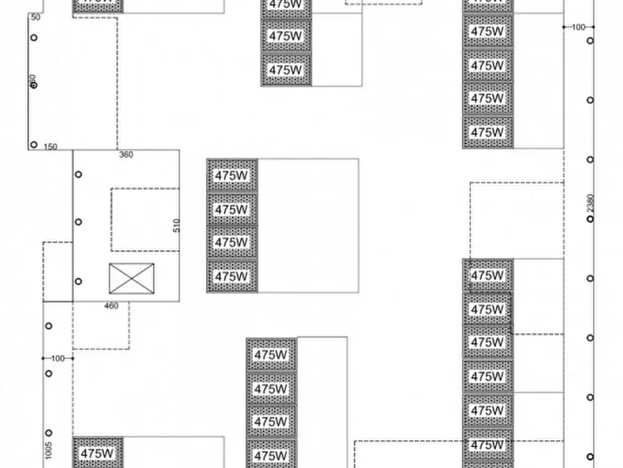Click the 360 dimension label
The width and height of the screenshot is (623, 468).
click(x=126, y=155)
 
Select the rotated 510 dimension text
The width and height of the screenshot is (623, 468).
click(x=177, y=226)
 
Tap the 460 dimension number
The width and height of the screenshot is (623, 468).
click(x=111, y=306)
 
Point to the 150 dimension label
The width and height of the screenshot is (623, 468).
click(x=50, y=147)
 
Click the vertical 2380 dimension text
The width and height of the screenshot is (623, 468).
click(x=590, y=204)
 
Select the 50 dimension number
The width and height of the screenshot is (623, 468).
click(x=36, y=17)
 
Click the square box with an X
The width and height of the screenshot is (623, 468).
click(x=131, y=279)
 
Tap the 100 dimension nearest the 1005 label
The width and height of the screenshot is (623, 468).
click(x=57, y=359)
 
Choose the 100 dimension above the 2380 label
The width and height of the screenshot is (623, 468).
click(x=578, y=27)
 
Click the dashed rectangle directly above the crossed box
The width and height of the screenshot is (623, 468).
click(x=145, y=219)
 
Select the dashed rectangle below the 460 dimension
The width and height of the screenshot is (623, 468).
click(x=100, y=326)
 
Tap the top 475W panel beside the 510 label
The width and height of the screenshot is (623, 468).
click(x=232, y=175)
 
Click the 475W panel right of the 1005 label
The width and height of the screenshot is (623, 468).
click(x=98, y=453)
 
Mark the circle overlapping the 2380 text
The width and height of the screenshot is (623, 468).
click(x=590, y=219)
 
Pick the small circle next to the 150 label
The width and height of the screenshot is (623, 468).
click(x=33, y=145)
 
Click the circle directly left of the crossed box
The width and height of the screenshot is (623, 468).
click(x=79, y=281)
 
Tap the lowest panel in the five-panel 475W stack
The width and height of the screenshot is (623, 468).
click(x=488, y=132)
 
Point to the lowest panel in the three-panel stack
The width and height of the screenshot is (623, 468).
click(x=286, y=70)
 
